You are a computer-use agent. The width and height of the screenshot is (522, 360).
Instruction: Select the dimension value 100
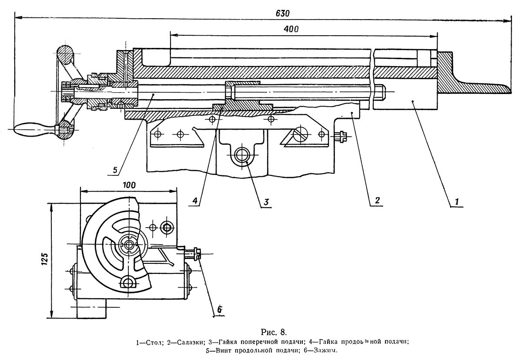pyautogui.click(x=129, y=184)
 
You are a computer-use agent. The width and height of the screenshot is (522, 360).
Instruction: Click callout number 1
pyautogui.click(x=456, y=202)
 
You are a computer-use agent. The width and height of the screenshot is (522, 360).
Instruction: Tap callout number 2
pyautogui.click(x=377, y=201)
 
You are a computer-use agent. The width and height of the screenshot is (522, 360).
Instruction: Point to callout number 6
pyautogui.click(x=220, y=309)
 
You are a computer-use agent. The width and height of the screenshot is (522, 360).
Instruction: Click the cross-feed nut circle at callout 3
pyautogui.click(x=241, y=154)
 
